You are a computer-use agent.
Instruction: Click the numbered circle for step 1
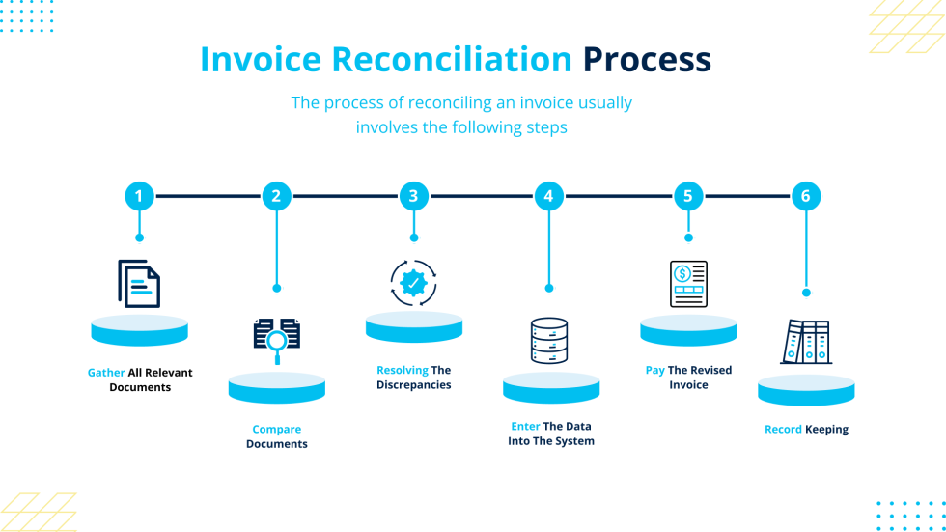click(139, 197)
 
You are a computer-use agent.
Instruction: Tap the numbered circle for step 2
click(276, 197)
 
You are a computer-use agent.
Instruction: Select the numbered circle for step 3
click(414, 197)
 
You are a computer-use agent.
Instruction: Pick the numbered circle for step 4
click(548, 197)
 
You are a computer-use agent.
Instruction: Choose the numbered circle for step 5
click(687, 197)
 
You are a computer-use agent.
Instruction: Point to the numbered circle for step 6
click(806, 197)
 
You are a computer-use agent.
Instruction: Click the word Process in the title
click(646, 60)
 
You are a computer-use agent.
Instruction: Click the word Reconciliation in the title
click(453, 60)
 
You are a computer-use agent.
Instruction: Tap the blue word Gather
click(106, 373)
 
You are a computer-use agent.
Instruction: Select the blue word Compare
click(277, 430)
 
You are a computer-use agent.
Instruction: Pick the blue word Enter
click(525, 426)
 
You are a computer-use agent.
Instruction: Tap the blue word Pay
click(654, 370)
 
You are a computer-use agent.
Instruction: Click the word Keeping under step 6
click(827, 430)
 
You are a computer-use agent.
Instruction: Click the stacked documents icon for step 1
click(139, 284)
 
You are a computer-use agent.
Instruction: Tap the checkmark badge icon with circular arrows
click(414, 283)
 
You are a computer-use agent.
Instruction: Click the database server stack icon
click(549, 341)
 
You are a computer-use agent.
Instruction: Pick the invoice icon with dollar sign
click(688, 284)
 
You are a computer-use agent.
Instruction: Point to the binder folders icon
click(805, 342)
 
